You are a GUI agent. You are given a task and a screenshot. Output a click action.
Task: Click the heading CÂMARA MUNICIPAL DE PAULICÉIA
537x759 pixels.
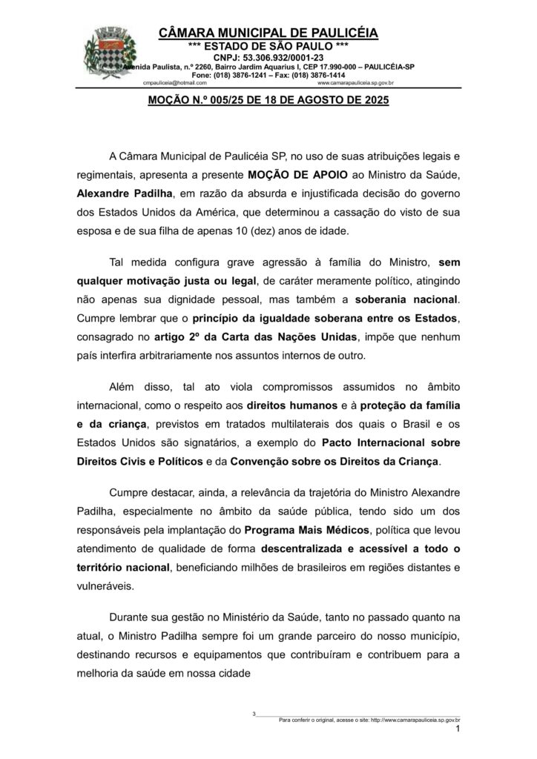click(268, 33)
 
